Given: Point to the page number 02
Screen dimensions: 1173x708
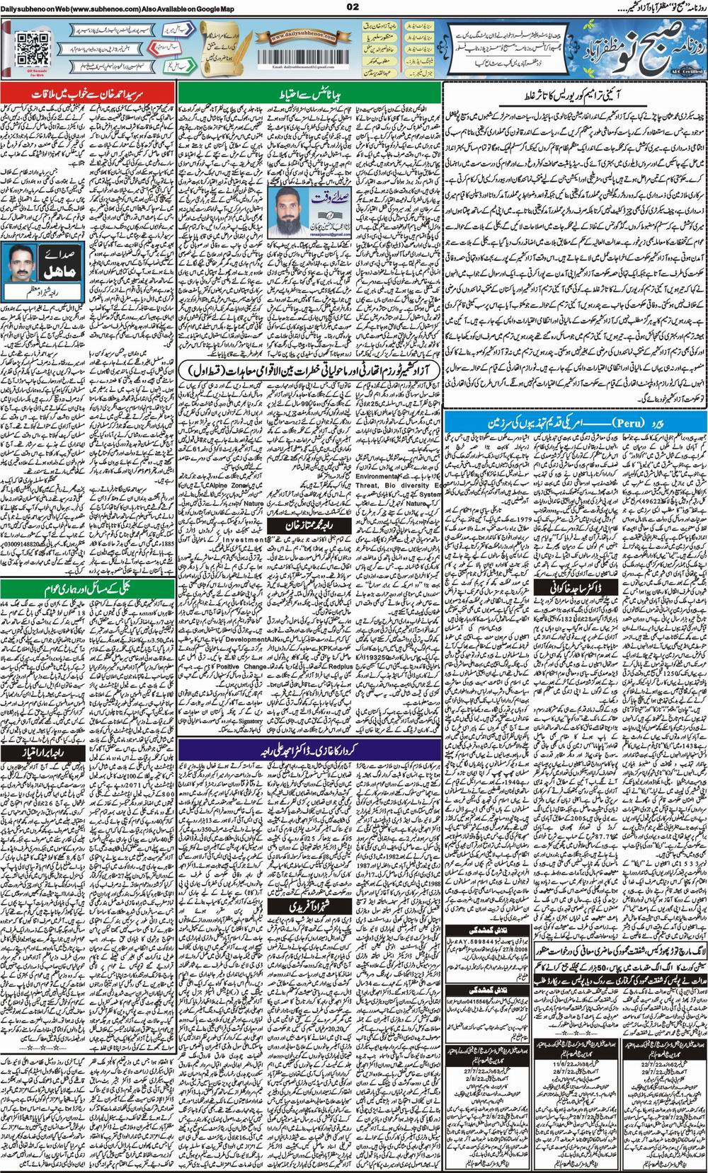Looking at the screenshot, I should coord(354,7).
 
